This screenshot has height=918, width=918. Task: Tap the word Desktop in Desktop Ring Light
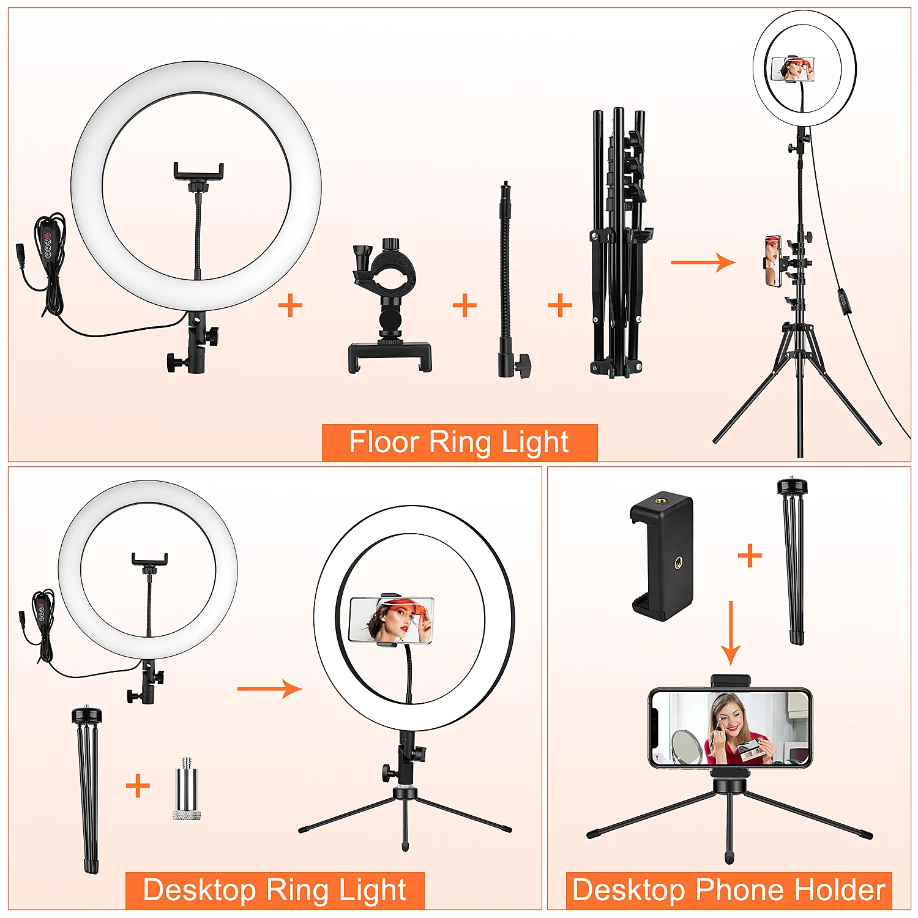199,890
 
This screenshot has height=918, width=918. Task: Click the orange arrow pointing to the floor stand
703,262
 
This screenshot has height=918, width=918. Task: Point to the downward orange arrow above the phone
730,633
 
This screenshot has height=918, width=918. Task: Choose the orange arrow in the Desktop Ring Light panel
269,689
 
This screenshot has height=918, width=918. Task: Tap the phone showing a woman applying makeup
730,728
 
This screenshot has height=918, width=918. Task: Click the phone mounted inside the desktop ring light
391,620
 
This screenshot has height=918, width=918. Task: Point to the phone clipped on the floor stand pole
773,261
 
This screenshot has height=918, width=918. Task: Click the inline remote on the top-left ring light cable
48,242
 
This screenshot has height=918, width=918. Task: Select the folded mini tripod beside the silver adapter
88,789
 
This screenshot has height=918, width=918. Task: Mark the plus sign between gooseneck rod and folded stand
560,305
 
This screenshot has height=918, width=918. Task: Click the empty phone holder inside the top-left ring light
198,171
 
